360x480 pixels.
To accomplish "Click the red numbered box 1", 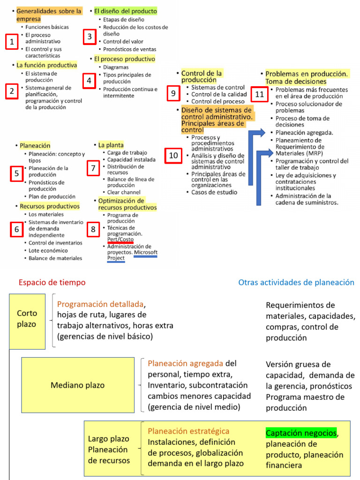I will point(11,42).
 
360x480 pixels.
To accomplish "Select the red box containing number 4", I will point(90,81).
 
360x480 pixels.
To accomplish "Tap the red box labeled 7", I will point(93,167).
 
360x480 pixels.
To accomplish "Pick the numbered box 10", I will point(173,155).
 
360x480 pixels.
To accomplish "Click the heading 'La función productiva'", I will point(46,65).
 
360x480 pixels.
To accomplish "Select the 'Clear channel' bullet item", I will point(124,192).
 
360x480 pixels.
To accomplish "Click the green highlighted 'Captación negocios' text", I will point(301,433).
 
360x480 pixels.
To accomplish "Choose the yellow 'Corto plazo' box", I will point(27,319).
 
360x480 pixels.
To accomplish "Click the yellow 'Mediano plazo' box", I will point(77,385).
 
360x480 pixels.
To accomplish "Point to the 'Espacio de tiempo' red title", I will point(52,282).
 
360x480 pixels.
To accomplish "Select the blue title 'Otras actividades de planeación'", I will point(296,282).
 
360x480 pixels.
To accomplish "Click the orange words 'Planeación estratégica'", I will point(188,431).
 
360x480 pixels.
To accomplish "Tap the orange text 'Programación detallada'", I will point(101,304).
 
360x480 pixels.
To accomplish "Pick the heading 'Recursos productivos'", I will point(50,206).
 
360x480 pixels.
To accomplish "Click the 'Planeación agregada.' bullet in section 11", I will point(304,133).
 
